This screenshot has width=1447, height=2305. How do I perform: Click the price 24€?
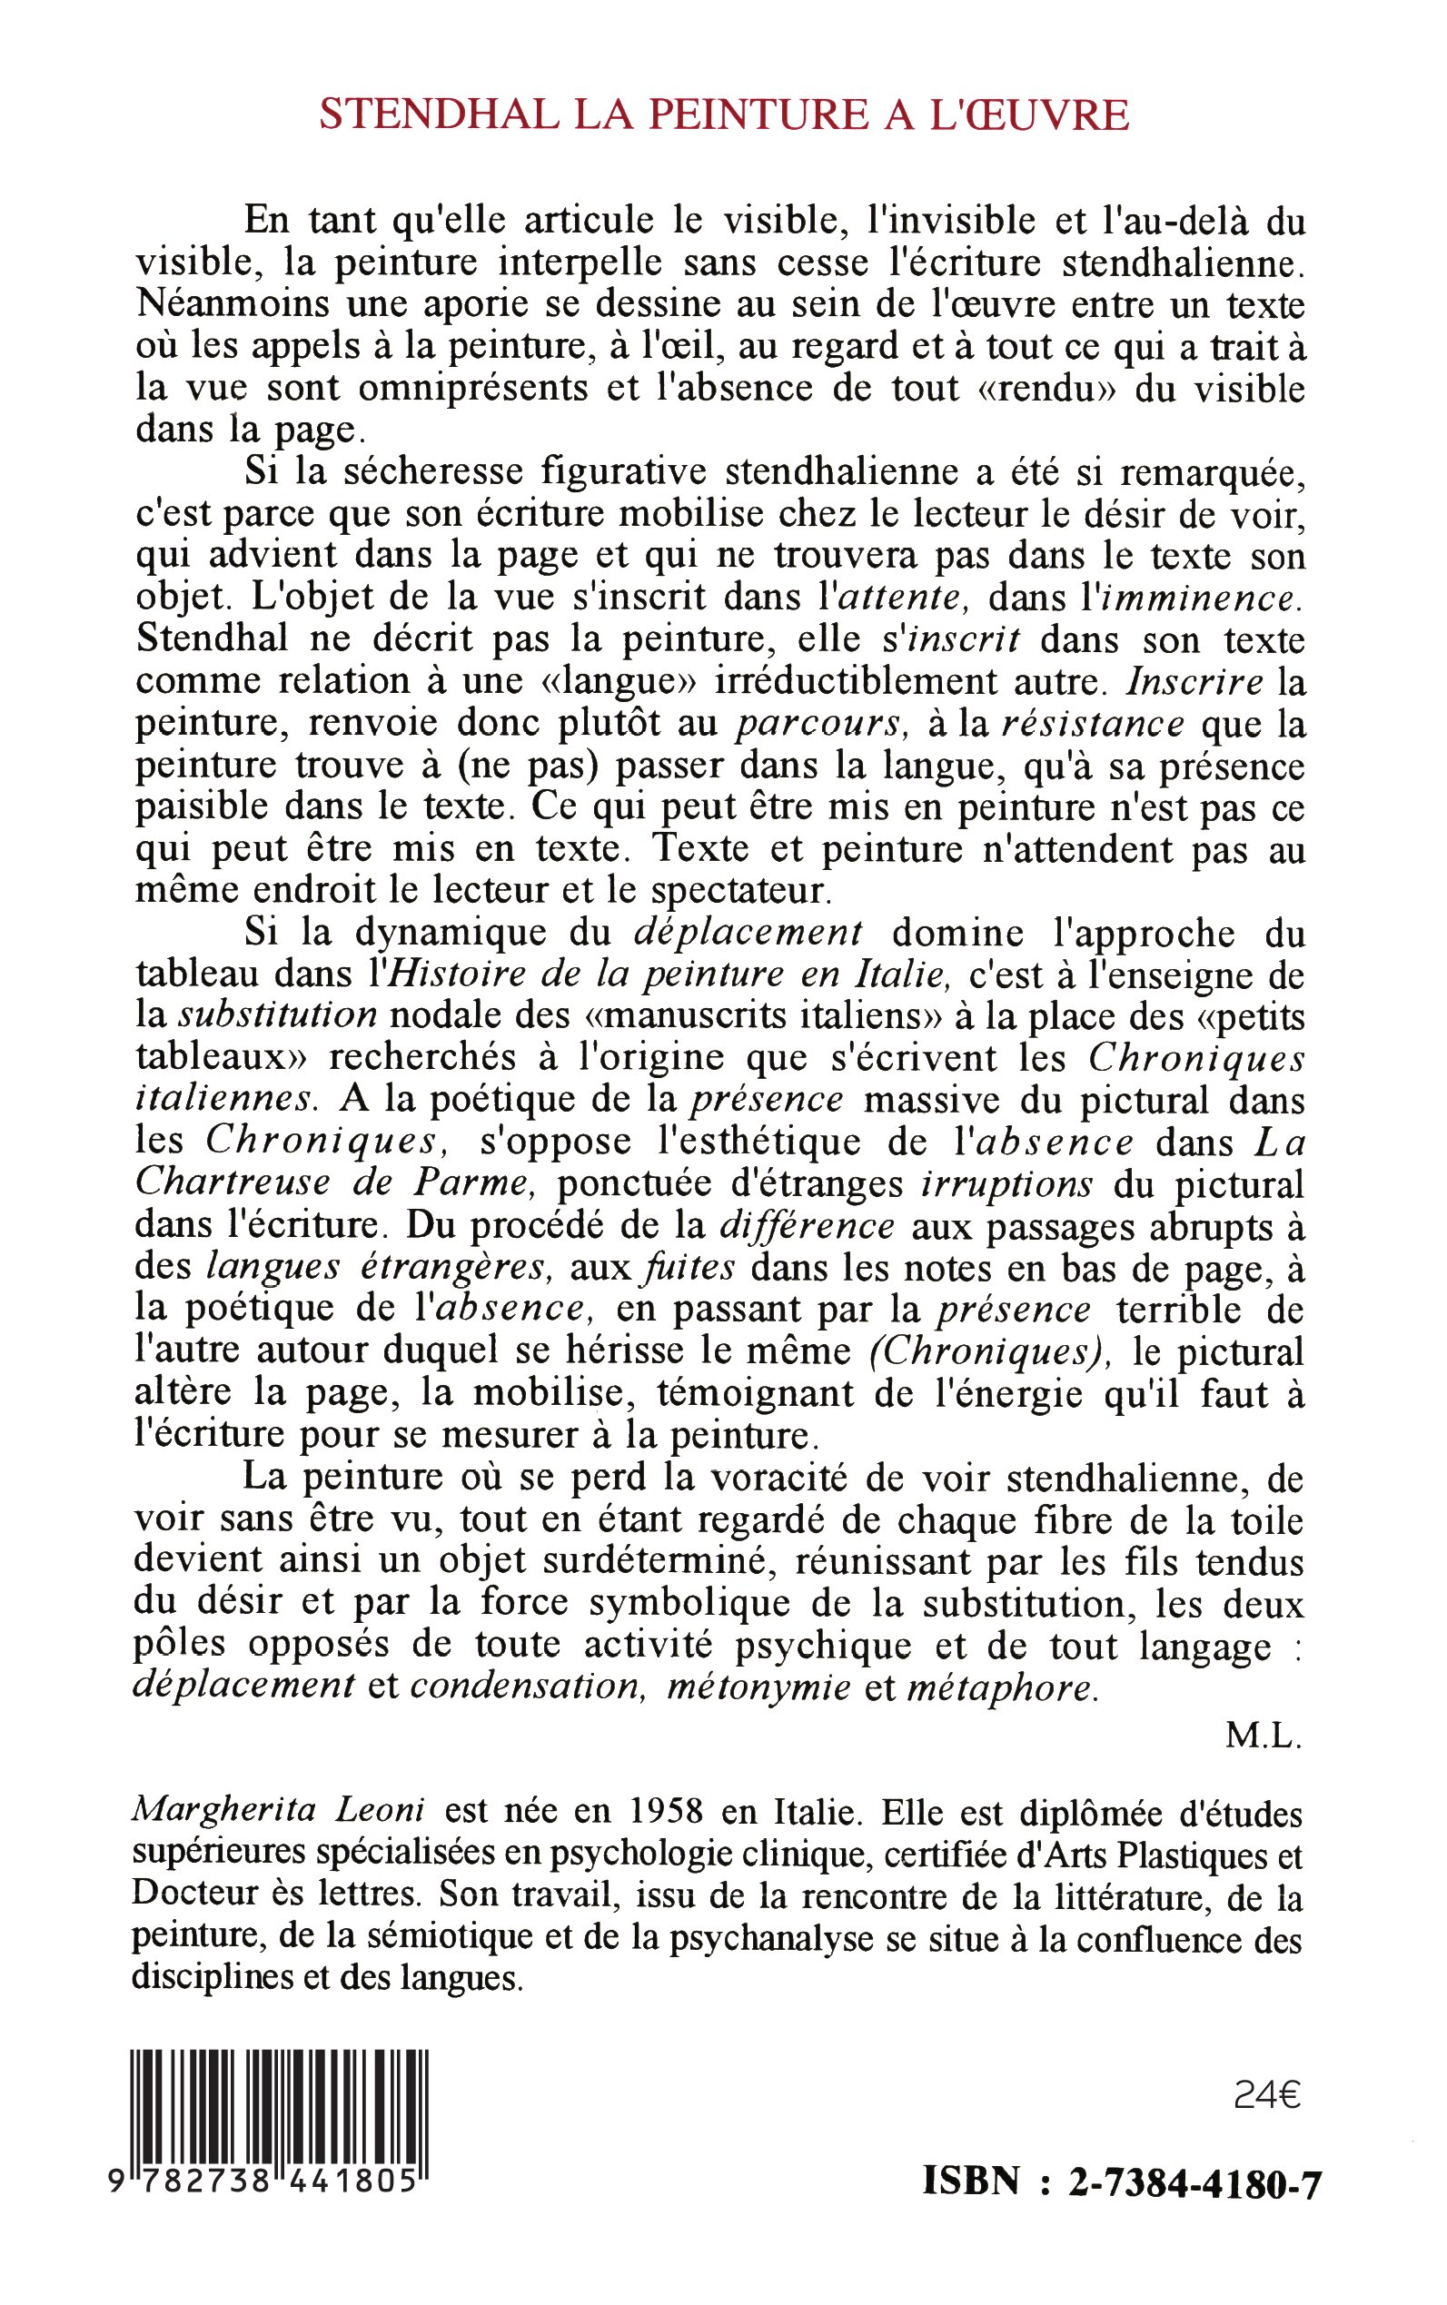[1267, 2096]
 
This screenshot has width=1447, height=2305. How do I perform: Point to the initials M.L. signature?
[1264, 1735]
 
